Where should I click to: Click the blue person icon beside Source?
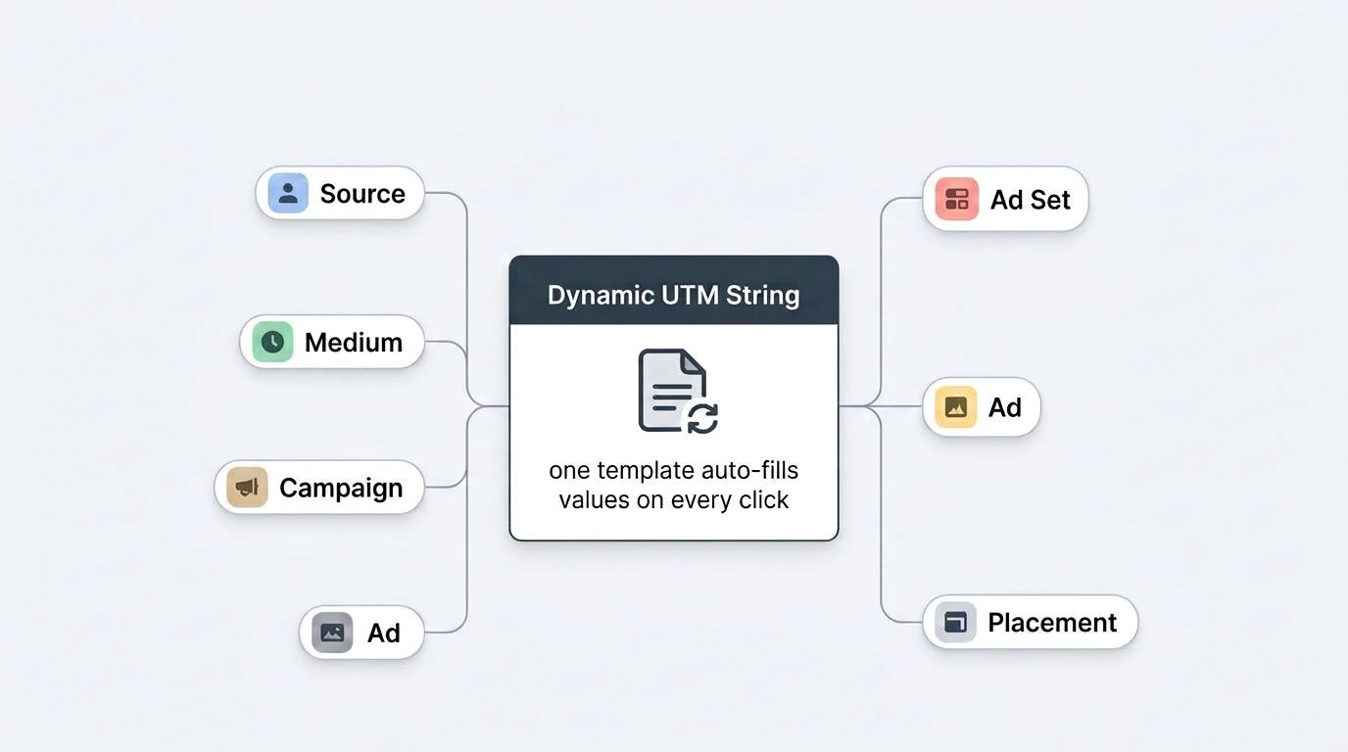click(288, 193)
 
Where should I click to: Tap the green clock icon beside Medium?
click(272, 342)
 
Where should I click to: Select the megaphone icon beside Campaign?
click(247, 487)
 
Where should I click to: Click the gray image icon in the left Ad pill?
click(332, 633)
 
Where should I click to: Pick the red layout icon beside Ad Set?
click(956, 199)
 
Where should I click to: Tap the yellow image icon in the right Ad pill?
click(955, 407)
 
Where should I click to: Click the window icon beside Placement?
click(955, 622)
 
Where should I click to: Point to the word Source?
click(362, 194)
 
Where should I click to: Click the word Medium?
click(354, 343)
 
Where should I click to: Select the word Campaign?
click(341, 488)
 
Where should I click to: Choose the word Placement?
click(1052, 623)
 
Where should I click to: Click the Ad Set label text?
click(1030, 200)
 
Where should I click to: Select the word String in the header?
click(762, 296)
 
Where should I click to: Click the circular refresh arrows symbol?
click(702, 418)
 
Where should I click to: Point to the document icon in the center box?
click(672, 390)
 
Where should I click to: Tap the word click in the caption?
click(764, 499)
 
